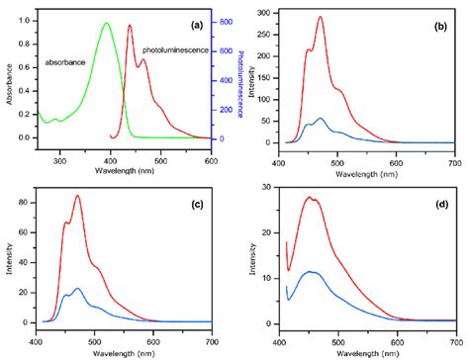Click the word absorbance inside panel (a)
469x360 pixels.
point(66,62)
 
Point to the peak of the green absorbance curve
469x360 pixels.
point(106,24)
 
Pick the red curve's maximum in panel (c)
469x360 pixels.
point(77,196)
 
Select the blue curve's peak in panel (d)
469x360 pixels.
point(312,271)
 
